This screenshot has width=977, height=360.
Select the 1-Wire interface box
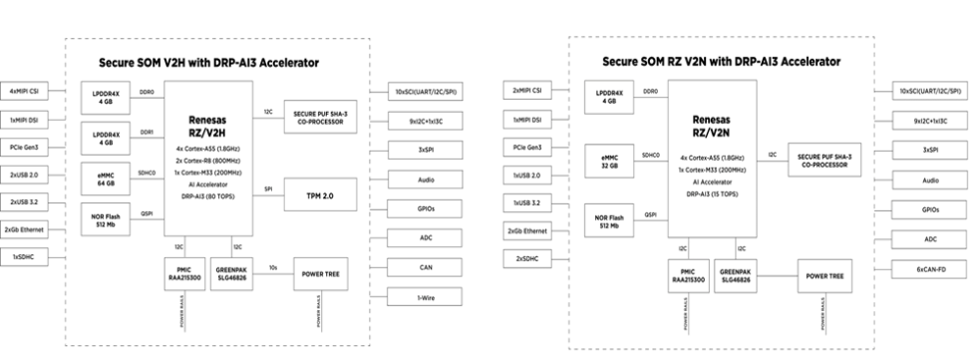pos(426,297)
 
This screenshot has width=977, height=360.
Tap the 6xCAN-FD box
pos(930,269)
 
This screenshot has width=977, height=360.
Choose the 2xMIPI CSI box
pos(527,91)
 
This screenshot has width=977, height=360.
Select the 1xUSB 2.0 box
pos(527,175)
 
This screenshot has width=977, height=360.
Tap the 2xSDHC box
pos(527,257)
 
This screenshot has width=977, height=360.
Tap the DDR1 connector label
pos(147,131)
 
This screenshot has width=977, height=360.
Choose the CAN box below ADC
pos(426,268)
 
